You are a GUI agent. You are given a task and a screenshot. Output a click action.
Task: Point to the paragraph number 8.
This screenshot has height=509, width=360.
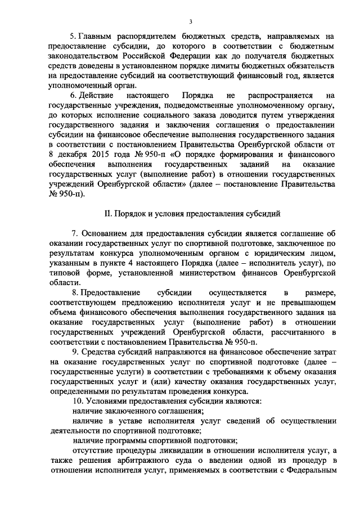pos(75,292)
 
